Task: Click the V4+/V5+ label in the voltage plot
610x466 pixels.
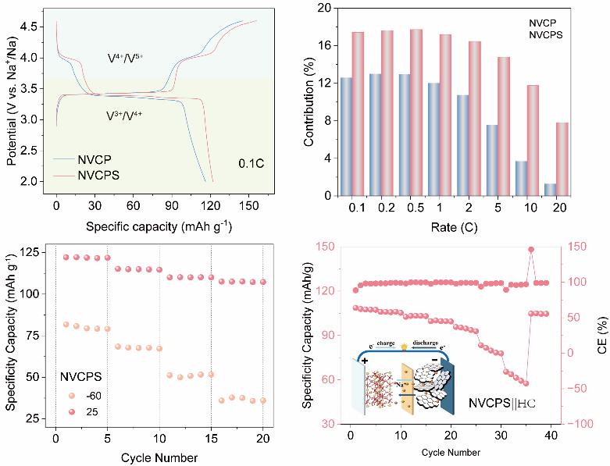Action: (125, 59)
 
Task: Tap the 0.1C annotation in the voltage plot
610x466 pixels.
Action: (251, 163)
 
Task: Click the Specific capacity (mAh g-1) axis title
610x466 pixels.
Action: (159, 226)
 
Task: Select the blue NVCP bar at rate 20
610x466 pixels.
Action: (550, 190)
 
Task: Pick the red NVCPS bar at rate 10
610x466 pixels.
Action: (533, 141)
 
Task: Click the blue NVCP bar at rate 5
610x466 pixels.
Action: (492, 160)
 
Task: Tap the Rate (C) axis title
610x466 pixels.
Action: (454, 226)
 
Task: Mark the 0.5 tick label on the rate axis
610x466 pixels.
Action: (415, 208)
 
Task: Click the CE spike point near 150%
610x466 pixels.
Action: (531, 250)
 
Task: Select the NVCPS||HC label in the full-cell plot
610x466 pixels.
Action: (502, 403)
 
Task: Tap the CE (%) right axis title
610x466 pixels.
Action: (602, 335)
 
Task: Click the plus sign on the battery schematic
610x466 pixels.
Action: (365, 361)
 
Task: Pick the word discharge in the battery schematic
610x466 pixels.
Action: (425, 343)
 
